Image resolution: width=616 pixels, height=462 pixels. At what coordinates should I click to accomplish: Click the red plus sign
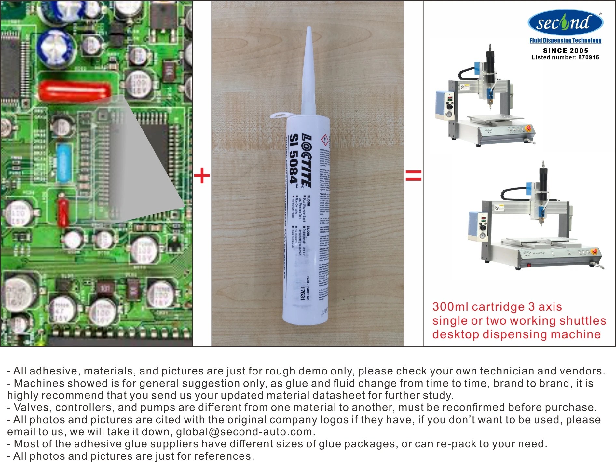(x=202, y=176)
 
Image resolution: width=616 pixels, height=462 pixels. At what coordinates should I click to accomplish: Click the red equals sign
(x=413, y=176)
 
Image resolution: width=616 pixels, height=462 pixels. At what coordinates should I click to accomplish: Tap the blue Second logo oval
(x=565, y=22)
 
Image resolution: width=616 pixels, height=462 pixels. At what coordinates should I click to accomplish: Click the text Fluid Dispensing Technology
(x=565, y=41)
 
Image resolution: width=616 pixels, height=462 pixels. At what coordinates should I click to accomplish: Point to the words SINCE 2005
(x=565, y=50)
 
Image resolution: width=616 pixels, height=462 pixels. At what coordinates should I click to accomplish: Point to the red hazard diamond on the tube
(x=325, y=140)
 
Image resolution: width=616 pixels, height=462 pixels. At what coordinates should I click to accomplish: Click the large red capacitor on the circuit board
(x=74, y=91)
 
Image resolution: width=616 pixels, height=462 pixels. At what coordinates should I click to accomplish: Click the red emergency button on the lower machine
(x=594, y=251)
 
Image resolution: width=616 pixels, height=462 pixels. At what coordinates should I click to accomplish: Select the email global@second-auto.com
(x=244, y=432)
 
